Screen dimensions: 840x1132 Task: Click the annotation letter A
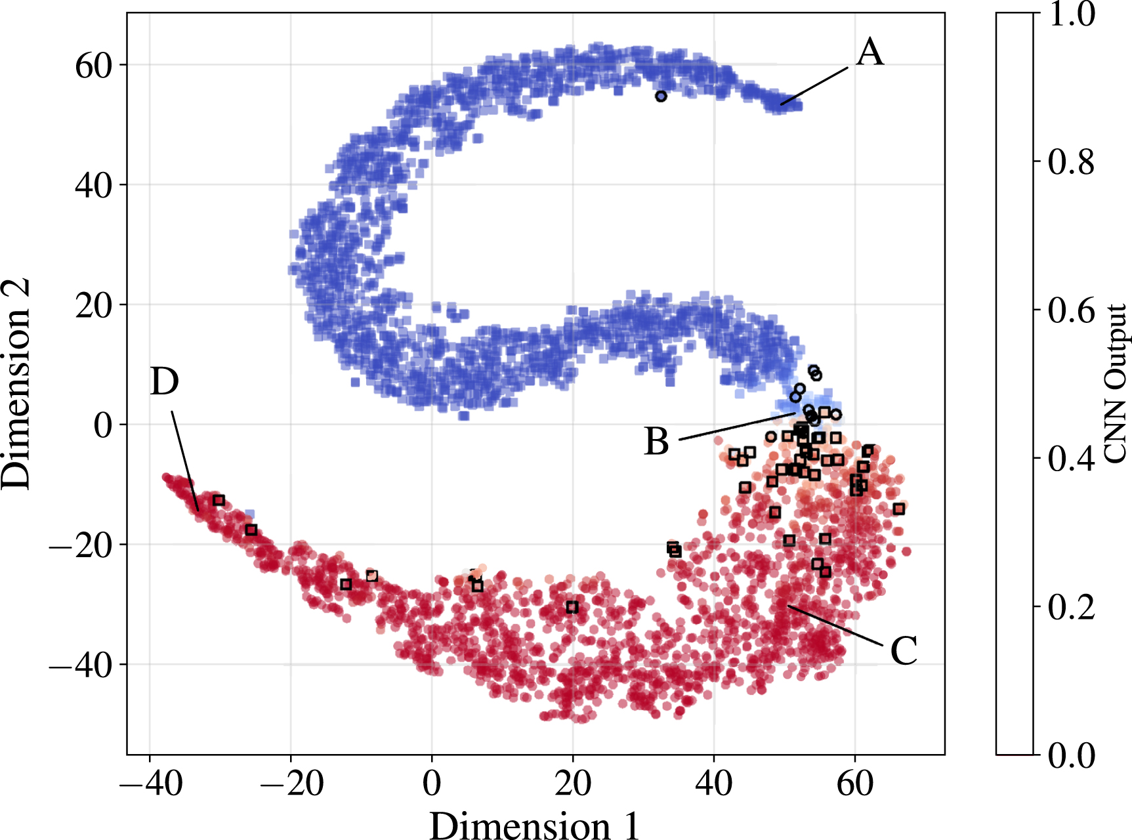[x=870, y=52]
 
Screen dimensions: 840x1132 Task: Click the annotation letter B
[x=657, y=441]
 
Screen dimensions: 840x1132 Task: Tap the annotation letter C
[x=904, y=651]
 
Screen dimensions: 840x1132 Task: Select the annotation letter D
[x=164, y=381]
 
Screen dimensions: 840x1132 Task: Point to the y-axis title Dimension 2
[x=16, y=383]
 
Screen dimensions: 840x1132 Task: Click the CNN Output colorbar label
[x=1115, y=383]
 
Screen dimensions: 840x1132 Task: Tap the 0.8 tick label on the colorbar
[x=1071, y=162]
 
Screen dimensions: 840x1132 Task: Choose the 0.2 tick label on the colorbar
[x=1071, y=607]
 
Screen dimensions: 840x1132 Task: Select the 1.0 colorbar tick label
[x=1071, y=14]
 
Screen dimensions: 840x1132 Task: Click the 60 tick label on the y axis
[x=94, y=65]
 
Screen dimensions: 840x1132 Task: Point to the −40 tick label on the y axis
[x=81, y=665]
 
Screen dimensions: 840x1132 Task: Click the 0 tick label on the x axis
[x=432, y=783]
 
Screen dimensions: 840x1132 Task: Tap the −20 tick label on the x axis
[x=291, y=783]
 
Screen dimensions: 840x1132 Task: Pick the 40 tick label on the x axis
[x=714, y=783]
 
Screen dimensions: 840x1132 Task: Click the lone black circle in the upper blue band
[x=661, y=96]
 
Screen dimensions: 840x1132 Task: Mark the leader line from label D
[x=185, y=459]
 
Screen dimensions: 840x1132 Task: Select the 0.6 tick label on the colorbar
[x=1071, y=310]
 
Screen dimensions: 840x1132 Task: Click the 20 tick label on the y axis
[x=94, y=306]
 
